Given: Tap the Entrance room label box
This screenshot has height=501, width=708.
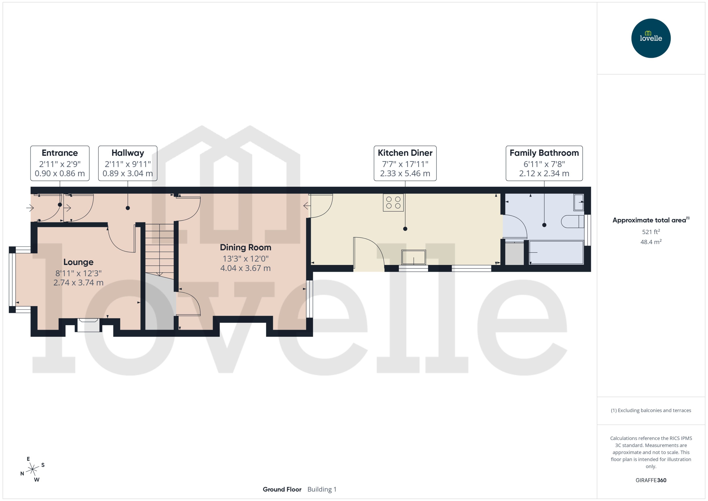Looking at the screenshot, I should (60, 163).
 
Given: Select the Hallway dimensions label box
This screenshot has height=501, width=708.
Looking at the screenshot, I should (127, 163).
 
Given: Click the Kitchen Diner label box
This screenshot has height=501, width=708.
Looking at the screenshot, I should (405, 163).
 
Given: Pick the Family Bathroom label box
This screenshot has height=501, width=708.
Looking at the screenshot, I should (544, 163).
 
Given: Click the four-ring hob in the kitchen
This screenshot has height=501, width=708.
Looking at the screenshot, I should (393, 203).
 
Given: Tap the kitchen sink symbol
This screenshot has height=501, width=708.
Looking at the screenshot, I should (413, 257).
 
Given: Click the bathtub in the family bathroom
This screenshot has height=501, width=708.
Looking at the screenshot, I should (556, 252).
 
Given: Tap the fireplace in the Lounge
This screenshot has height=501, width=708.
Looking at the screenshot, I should (88, 325).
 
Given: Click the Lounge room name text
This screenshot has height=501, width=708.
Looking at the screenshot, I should (78, 262).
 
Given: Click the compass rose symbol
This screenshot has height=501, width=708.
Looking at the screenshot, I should (32, 469).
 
